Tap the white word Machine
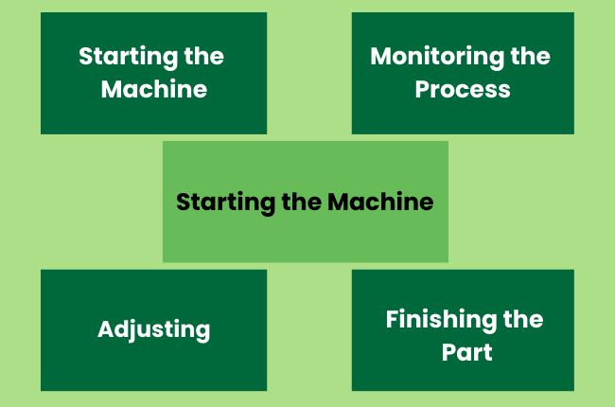tap(153, 90)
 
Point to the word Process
tap(464, 90)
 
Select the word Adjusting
tap(153, 330)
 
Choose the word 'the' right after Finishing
tap(523, 319)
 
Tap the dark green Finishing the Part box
tap(463, 374)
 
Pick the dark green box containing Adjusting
tap(153, 369)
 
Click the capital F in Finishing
tap(392, 319)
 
